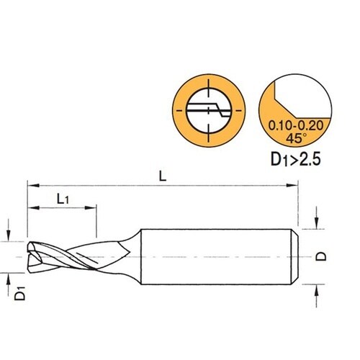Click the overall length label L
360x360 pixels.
point(163,177)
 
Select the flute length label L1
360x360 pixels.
point(63,199)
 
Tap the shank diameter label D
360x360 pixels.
point(321,256)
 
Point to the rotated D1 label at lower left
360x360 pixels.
point(19,293)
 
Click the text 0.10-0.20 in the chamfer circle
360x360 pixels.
point(296,125)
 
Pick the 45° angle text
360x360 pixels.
point(296,138)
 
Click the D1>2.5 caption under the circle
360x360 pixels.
point(296,159)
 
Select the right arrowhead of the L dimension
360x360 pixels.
point(292,185)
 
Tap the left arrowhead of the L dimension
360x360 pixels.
point(33,185)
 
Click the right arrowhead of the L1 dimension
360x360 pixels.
point(91,207)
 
